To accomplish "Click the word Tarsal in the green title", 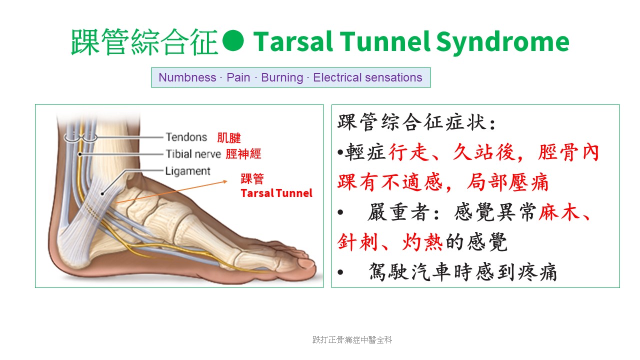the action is [x=293, y=41].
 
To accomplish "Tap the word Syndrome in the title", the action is [x=503, y=43].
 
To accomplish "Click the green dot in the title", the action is [x=233, y=40].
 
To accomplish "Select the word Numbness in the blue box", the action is [x=187, y=77].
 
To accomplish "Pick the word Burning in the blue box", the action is [x=282, y=77].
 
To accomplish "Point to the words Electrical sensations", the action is [x=367, y=77].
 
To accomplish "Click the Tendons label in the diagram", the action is [x=186, y=137].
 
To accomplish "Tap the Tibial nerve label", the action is [x=193, y=154].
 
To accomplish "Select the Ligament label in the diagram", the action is [x=187, y=171].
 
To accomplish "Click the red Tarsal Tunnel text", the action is [x=276, y=193].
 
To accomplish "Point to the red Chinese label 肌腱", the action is [x=229, y=137].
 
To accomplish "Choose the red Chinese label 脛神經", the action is [x=243, y=154].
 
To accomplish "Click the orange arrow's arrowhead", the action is [x=225, y=181].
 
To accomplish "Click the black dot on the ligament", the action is [x=102, y=194].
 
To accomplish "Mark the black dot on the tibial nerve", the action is [x=80, y=154].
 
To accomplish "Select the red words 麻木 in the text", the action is [x=559, y=212].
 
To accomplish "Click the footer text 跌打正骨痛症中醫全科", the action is [x=352, y=339].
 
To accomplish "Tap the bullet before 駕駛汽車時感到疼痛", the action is [x=340, y=272].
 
